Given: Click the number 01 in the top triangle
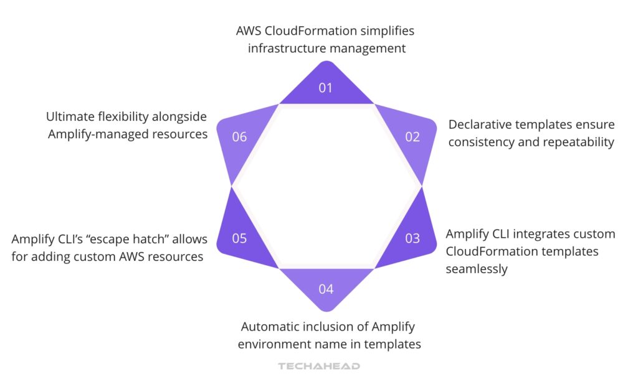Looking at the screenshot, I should click(326, 88).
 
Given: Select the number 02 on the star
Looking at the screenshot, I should click(412, 137).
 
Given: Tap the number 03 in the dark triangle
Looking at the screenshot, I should click(412, 238).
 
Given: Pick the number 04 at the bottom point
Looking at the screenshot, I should click(326, 289).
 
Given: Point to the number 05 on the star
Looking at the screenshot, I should click(239, 238).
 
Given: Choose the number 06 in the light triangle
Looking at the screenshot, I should click(239, 137).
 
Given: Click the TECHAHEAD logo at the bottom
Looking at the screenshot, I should click(318, 366).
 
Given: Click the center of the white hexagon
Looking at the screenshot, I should click(326, 187).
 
